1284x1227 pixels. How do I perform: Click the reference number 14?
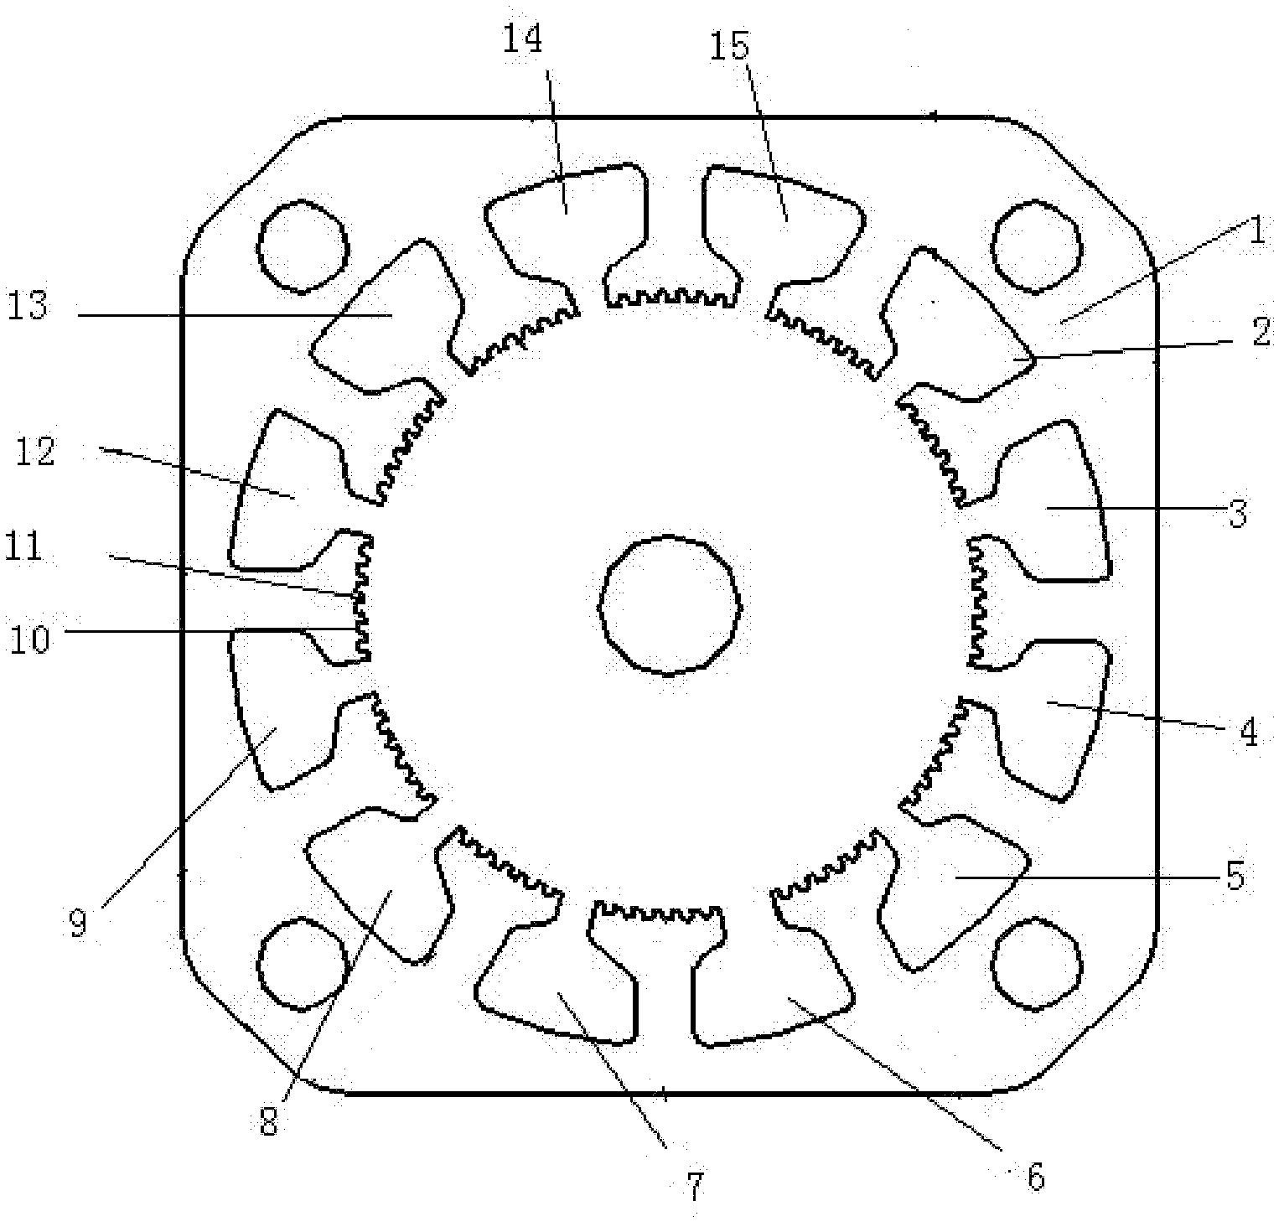click(x=523, y=40)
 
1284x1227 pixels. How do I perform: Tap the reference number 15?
click(x=728, y=47)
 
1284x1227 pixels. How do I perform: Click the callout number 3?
click(x=1239, y=512)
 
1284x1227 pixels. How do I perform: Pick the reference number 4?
click(x=1249, y=733)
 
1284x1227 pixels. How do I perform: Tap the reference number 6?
click(x=1036, y=1177)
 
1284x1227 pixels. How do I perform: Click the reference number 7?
click(x=695, y=1185)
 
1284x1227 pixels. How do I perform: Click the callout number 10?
click(x=30, y=639)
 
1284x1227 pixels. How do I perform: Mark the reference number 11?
click(x=25, y=548)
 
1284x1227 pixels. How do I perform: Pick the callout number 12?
click(x=35, y=451)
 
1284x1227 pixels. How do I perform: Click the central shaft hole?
click(x=670, y=604)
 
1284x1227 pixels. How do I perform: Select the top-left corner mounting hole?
click(x=303, y=246)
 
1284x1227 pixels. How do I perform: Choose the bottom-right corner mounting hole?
click(x=1036, y=963)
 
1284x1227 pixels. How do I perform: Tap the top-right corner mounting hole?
click(x=1036, y=246)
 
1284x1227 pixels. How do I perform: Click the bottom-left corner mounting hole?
click(x=303, y=963)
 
